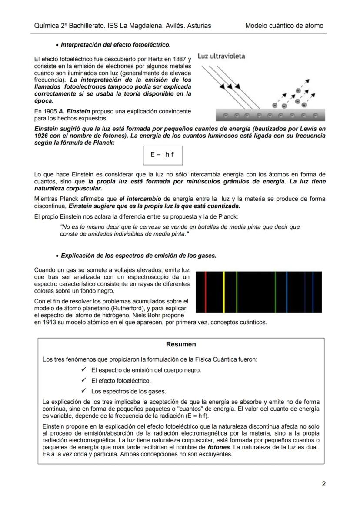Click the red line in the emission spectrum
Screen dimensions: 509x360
tap(206, 292)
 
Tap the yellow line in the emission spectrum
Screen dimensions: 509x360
tap(223, 292)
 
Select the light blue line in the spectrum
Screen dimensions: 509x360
tap(287, 292)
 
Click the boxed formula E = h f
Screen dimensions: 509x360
tap(163, 155)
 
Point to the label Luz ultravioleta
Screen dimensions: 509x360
tap(221, 56)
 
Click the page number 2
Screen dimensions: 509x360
tap(323, 484)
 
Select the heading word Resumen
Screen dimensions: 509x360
tap(181, 344)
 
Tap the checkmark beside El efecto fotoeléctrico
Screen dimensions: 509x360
tap(84, 380)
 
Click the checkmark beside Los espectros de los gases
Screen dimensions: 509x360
tap(84, 391)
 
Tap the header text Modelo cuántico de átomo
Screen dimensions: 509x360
tap(284, 26)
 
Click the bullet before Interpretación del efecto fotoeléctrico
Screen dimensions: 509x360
tap(57, 45)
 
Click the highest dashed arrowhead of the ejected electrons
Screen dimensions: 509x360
tap(308, 80)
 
